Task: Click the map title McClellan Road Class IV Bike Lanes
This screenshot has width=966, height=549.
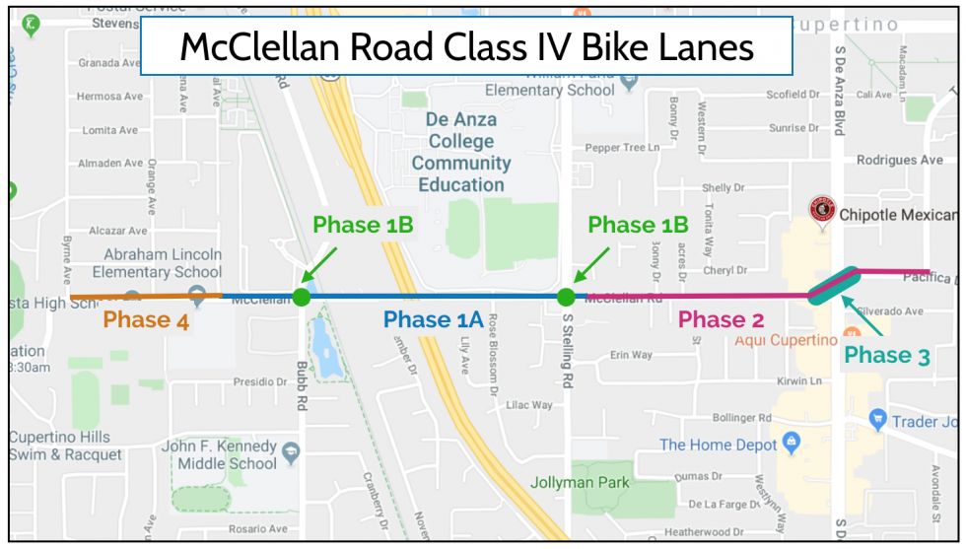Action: [466, 46]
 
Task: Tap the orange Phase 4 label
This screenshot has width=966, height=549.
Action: [146, 320]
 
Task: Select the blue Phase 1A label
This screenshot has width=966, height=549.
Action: [434, 319]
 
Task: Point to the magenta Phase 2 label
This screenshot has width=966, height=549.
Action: [722, 319]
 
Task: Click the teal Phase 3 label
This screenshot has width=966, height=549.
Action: [886, 356]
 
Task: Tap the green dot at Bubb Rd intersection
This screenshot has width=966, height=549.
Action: [302, 297]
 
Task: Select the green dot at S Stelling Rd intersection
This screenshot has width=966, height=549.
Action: [566, 297]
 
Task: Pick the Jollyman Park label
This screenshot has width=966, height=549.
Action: [580, 483]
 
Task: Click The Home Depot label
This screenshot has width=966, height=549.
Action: [718, 445]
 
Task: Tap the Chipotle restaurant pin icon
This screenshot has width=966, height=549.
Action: [822, 209]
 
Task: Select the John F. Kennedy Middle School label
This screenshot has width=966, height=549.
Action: [219, 454]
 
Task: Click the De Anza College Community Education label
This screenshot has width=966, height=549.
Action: [461, 152]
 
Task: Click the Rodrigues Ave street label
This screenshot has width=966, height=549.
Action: [899, 160]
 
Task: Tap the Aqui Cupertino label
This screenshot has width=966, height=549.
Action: [786, 341]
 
